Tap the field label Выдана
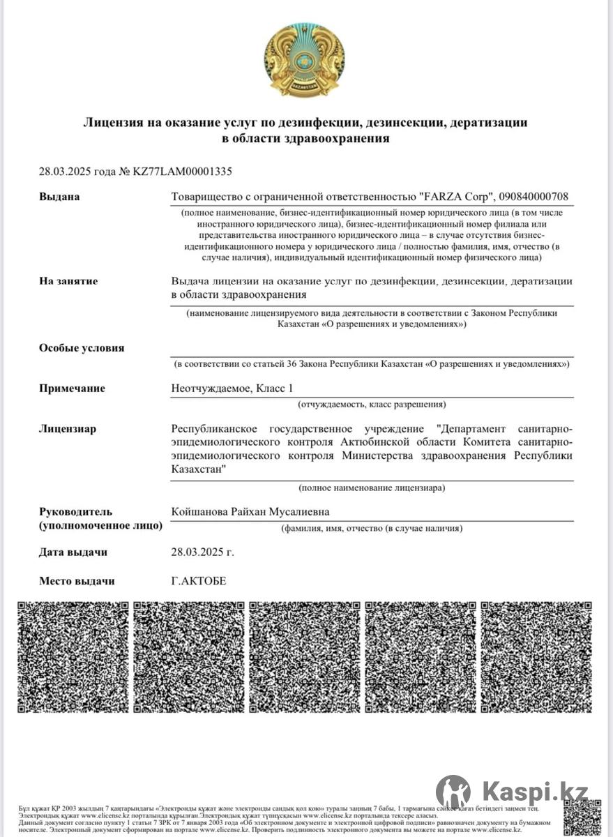(59, 197)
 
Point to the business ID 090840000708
(533, 197)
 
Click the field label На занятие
(68, 281)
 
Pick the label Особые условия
(82, 348)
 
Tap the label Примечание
(72, 389)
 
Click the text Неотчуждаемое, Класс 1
(238, 389)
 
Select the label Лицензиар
(68, 429)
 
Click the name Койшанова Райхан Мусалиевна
(250, 512)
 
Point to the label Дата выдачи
(73, 552)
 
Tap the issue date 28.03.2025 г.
(202, 552)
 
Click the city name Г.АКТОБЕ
(199, 581)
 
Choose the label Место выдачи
(77, 581)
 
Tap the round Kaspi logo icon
(453, 792)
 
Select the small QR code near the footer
(582, 816)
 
